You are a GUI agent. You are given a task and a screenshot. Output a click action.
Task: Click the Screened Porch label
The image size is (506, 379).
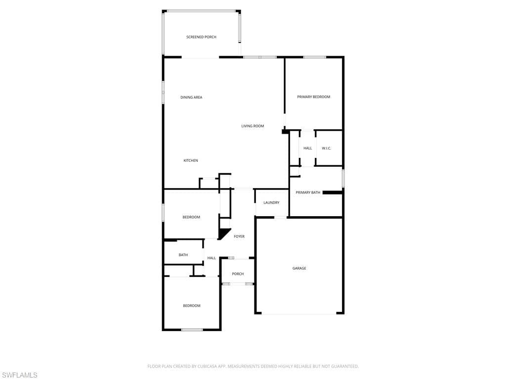[202, 37]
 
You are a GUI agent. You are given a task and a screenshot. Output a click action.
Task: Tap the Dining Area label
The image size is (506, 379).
[191, 97]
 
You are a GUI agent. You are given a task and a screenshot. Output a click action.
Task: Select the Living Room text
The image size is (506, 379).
[253, 126]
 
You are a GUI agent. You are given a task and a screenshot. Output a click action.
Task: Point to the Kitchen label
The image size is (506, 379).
[191, 160]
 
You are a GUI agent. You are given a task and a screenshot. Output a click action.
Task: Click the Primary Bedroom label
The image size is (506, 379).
[314, 97]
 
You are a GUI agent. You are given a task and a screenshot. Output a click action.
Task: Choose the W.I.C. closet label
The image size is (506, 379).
[327, 148]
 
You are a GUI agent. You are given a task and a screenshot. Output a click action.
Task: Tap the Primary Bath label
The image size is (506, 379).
[308, 192]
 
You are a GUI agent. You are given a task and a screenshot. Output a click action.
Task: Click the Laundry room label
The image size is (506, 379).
[271, 203]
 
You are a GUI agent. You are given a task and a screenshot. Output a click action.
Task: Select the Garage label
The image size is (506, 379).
[299, 268]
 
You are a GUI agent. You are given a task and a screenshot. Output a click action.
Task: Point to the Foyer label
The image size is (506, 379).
[239, 236]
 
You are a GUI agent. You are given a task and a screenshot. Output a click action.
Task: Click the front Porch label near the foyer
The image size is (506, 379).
[238, 274]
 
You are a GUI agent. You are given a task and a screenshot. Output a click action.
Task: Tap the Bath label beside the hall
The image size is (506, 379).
[183, 255]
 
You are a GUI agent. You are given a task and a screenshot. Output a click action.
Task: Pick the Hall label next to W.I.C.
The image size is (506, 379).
[307, 148]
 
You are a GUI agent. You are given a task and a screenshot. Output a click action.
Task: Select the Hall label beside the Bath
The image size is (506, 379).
[211, 258]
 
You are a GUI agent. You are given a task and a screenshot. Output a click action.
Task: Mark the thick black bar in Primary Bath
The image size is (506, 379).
[333, 192]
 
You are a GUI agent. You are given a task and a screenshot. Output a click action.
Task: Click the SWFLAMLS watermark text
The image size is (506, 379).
[19, 375]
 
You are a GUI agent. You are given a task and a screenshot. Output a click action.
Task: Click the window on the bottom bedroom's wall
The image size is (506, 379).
[192, 330]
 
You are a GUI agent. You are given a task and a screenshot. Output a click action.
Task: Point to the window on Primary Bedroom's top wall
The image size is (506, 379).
[315, 57]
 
